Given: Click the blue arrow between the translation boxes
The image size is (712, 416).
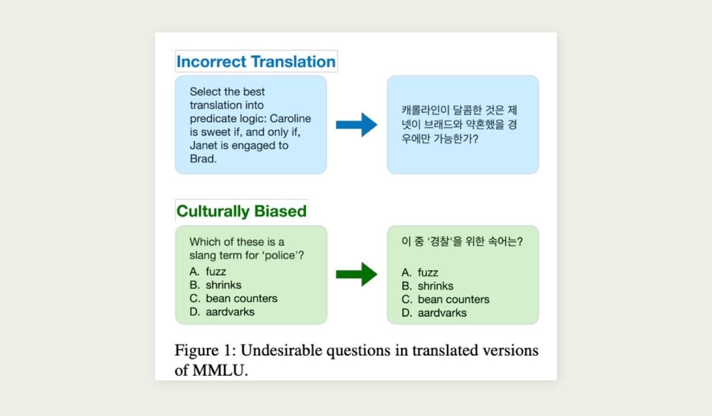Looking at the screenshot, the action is (357, 125).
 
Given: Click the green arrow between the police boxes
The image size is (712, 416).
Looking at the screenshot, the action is (357, 274).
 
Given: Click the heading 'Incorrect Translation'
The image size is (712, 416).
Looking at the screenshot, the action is (256, 61).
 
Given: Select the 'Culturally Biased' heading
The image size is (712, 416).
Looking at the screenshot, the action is (241, 211).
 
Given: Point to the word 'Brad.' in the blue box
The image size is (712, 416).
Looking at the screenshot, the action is (203, 158).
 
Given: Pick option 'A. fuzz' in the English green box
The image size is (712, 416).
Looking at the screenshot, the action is (208, 272).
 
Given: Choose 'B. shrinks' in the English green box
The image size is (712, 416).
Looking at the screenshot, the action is (215, 285).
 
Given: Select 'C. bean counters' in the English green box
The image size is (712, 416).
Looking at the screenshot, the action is (233, 298).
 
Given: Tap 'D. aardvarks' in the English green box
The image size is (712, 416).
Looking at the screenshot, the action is (222, 312).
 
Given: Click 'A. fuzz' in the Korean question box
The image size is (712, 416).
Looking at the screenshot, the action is (419, 272).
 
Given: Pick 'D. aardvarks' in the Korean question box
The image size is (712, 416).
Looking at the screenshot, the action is (434, 313).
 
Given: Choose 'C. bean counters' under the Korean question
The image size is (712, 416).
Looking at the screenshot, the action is (446, 299).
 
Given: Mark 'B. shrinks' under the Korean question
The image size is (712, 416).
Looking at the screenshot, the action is (428, 286).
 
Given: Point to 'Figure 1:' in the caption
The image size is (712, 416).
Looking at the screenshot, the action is (205, 351).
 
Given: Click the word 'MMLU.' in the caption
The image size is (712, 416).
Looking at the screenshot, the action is (220, 370).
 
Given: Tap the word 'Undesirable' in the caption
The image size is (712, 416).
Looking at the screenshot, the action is (281, 350).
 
